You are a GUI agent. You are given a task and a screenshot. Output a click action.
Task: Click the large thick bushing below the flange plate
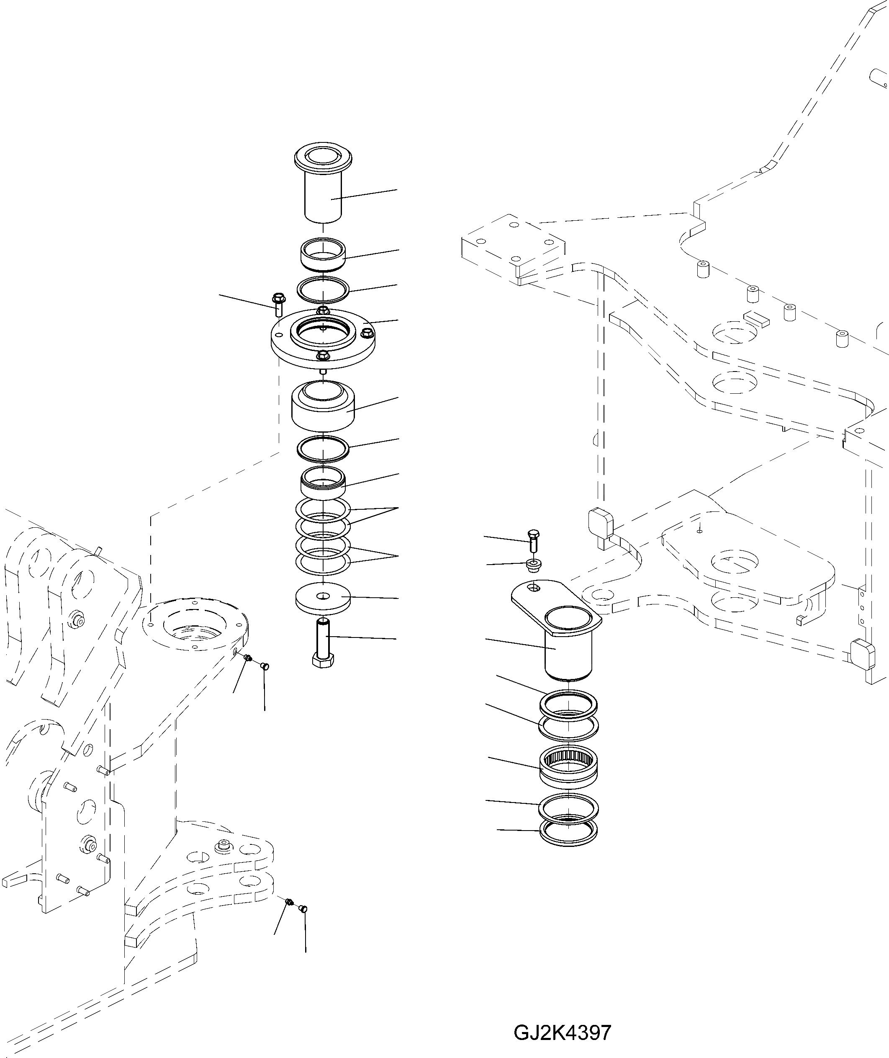[323, 408]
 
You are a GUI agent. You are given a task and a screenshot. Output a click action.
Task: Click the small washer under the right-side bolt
[533, 564]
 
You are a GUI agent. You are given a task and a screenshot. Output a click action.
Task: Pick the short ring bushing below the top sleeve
[323, 255]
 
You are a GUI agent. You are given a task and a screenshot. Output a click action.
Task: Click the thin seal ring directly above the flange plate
[323, 289]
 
